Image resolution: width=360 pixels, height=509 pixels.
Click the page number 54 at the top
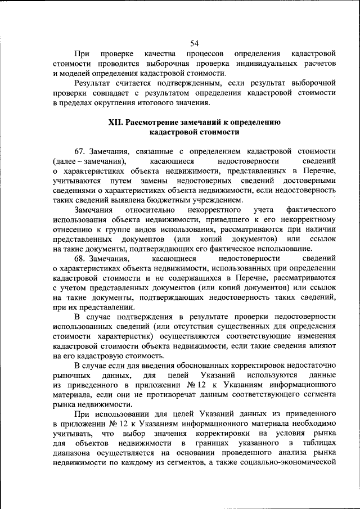tap(195, 43)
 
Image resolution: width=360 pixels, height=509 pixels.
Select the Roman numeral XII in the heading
tap(116, 122)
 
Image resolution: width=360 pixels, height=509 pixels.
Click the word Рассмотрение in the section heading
tap(154, 122)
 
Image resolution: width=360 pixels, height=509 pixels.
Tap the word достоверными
tap(309, 181)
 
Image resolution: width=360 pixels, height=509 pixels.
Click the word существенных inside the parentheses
tap(235, 327)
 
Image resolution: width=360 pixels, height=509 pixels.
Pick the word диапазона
tap(73, 453)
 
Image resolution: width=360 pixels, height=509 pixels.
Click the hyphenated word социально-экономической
tap(290, 463)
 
